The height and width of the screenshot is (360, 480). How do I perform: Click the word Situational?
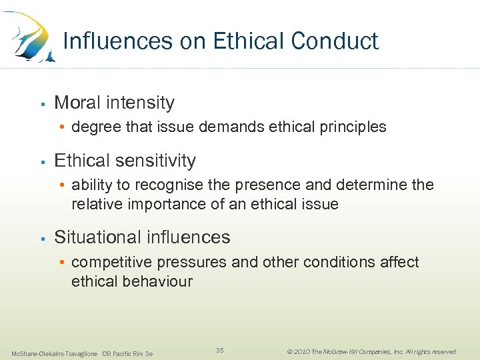pos(97,237)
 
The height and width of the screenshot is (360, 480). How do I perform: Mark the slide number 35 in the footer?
pos(220,351)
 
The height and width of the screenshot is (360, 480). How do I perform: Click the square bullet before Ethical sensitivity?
pos(41,161)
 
